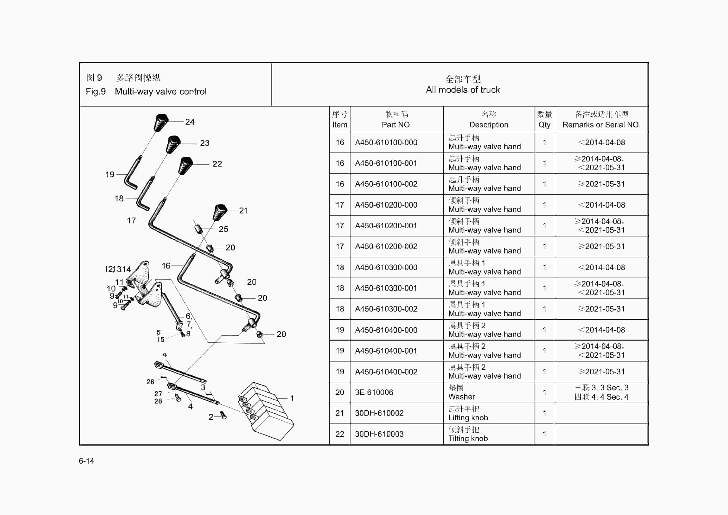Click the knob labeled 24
(161, 122)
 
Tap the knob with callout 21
(220, 212)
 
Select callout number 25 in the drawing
(223, 229)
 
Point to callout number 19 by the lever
(110, 175)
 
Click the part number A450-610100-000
(386, 143)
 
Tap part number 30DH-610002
(379, 413)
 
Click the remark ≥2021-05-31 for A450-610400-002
(601, 372)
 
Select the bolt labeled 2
(223, 415)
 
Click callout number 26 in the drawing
(150, 382)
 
